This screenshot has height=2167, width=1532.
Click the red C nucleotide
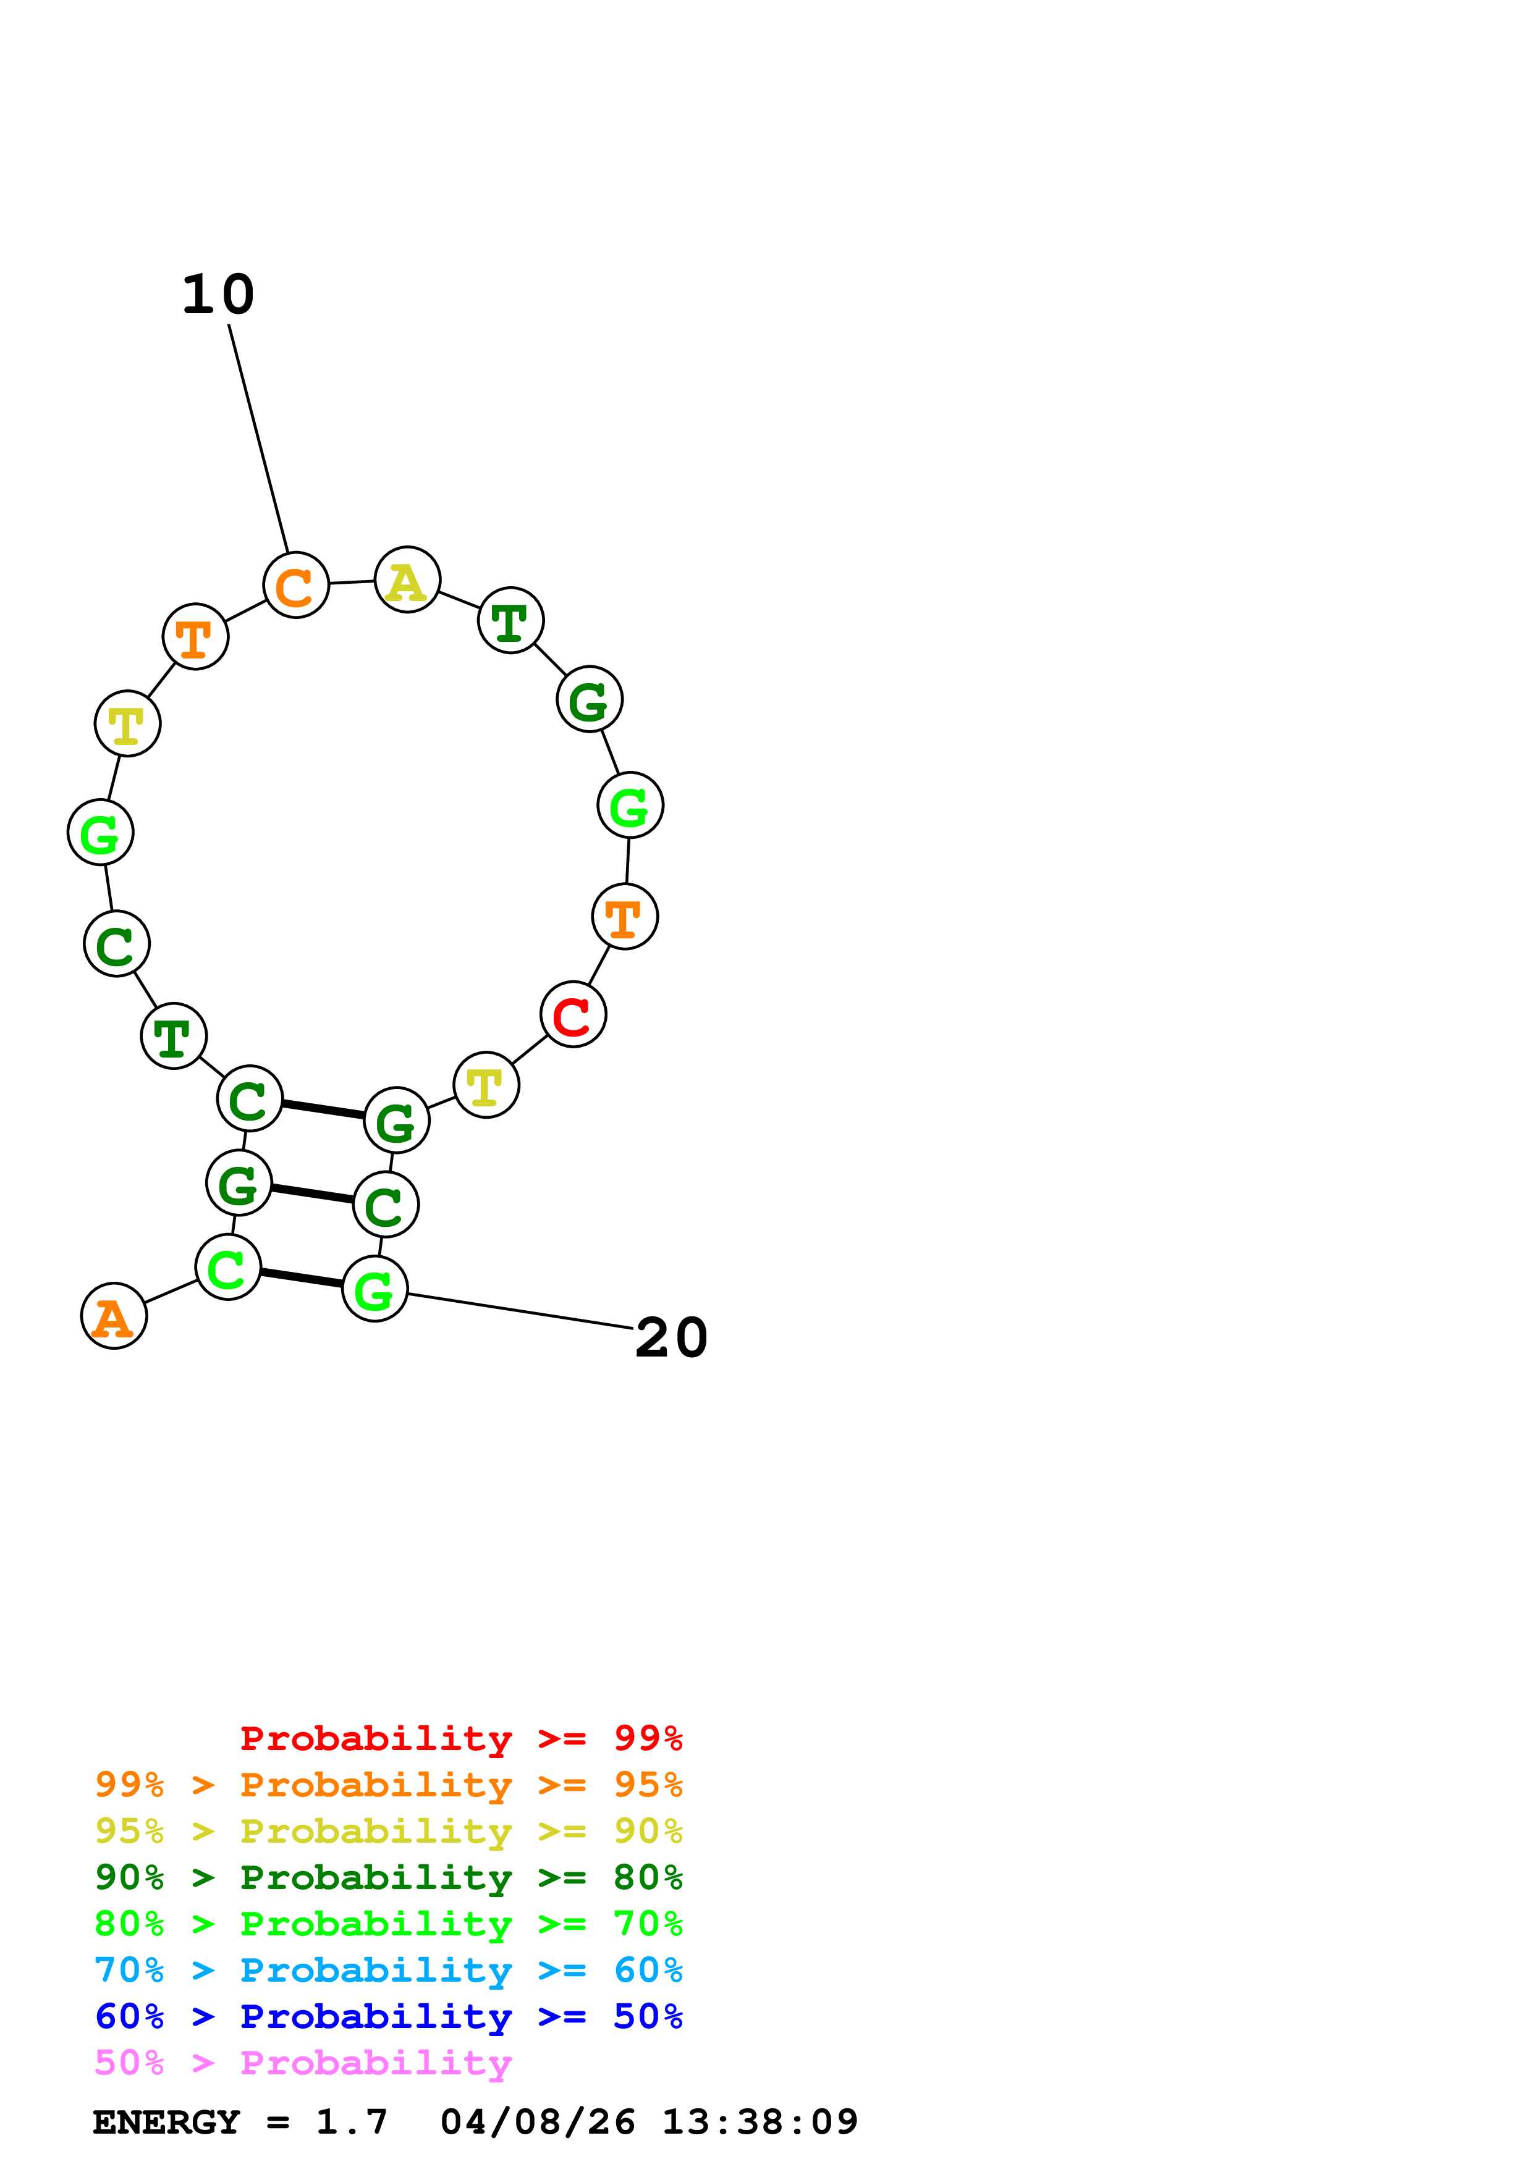point(573,1014)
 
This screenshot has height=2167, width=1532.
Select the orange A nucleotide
point(114,1316)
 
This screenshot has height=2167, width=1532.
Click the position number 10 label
point(218,295)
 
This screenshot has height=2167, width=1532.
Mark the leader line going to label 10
point(259,439)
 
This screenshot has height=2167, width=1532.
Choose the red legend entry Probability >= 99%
point(460,1738)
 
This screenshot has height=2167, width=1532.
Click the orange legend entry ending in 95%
point(388,1785)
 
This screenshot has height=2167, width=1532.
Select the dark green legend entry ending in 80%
point(388,1877)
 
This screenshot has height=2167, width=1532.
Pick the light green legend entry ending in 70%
point(388,1924)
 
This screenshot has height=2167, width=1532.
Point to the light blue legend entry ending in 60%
point(388,1970)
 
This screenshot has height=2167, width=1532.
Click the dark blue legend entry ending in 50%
point(388,2016)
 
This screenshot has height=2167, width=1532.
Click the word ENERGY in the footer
point(166,2122)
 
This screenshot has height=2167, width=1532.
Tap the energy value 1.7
point(351,2122)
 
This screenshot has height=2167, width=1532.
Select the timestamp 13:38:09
point(760,2122)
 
